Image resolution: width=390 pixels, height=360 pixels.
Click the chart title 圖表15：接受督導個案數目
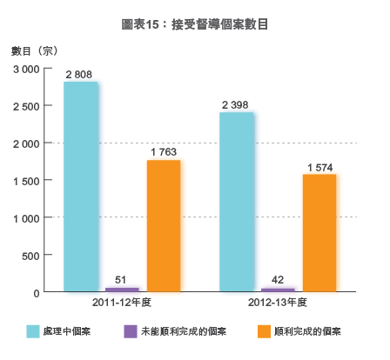[195, 24]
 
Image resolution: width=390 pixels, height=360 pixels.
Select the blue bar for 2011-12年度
[81, 187]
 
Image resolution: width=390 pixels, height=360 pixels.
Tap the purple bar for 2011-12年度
[122, 289]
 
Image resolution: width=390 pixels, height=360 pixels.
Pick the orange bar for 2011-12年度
[164, 226]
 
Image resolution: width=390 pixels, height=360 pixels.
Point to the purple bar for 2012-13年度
[278, 290]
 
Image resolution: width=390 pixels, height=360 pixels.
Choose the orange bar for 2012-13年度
[319, 233]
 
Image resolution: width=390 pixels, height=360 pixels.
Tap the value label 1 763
[164, 153]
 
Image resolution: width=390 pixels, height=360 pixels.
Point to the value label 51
[121, 279]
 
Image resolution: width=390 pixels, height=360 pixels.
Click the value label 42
[278, 280]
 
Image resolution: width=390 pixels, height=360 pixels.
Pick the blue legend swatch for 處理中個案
[34, 331]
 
